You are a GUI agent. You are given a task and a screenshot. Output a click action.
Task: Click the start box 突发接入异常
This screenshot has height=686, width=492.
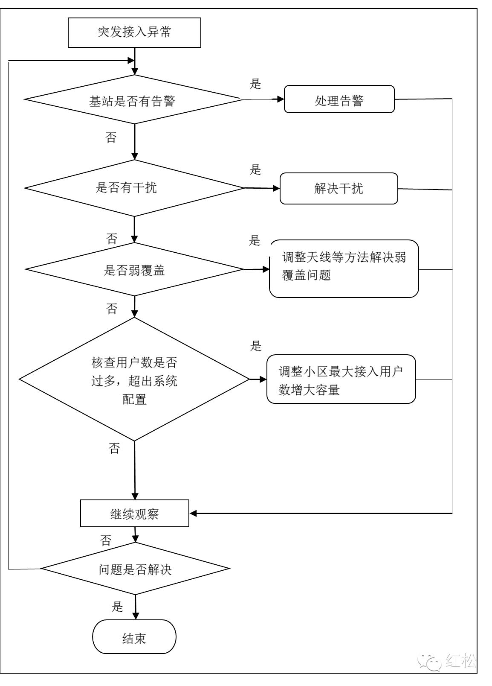[134, 32]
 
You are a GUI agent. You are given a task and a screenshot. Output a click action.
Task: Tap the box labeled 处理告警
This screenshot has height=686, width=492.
[339, 99]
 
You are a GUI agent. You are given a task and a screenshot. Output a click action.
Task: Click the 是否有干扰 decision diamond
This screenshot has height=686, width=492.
[134, 188]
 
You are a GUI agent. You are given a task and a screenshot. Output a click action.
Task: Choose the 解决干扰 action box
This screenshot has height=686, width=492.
[339, 188]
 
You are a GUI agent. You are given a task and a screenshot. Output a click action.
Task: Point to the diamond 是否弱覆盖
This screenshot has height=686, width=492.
[134, 269]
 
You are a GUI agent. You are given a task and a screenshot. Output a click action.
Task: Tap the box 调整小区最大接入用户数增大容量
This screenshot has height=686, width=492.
[341, 379]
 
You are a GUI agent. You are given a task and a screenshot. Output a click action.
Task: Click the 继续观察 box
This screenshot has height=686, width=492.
[135, 514]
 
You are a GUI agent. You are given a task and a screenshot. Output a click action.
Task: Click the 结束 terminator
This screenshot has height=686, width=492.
[134, 637]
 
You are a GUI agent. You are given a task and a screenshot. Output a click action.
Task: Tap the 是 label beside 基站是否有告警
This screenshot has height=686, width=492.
[255, 84]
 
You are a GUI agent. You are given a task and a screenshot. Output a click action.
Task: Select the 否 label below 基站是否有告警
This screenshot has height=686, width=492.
[111, 138]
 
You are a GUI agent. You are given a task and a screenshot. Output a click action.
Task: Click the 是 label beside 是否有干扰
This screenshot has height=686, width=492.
[255, 170]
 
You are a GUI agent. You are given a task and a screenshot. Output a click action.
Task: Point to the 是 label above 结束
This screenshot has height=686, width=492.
[117, 606]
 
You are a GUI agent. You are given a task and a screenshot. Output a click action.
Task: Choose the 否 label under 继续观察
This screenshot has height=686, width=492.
[106, 540]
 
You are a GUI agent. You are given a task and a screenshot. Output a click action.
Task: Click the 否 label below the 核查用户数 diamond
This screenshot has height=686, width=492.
[114, 449]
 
